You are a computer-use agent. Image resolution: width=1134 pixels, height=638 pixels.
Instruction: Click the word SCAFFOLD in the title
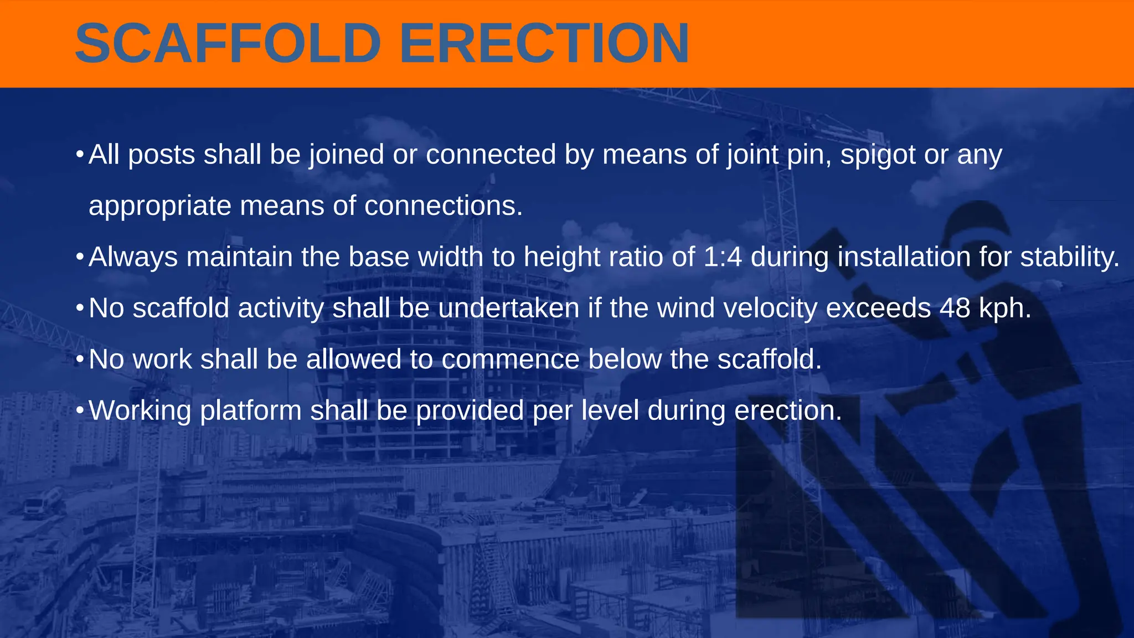pos(228,43)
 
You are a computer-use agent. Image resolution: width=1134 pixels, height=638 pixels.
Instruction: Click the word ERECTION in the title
pos(544,43)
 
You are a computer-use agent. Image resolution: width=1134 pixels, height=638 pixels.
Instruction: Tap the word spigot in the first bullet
pos(878,155)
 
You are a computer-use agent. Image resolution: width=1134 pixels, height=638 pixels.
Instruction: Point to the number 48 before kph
pos(955,308)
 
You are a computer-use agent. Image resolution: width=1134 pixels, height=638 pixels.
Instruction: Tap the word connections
pos(443,206)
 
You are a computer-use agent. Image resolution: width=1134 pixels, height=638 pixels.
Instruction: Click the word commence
pos(510,359)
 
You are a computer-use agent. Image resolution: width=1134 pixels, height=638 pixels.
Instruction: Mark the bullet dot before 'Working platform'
pos(80,410)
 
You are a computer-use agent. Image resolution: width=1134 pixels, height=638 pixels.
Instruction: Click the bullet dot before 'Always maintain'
pos(80,256)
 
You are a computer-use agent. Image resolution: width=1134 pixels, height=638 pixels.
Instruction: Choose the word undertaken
pos(508,308)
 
